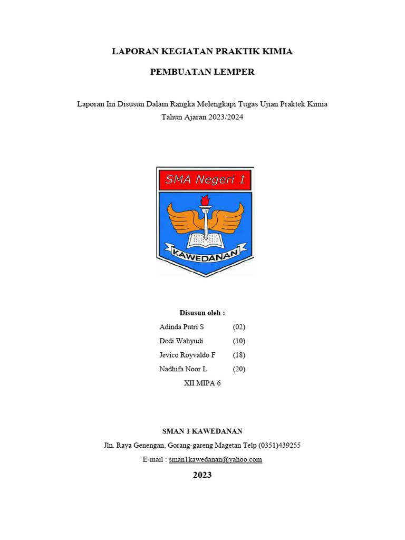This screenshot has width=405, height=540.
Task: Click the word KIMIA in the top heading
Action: point(277,52)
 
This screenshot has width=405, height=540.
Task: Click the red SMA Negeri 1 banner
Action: point(205,180)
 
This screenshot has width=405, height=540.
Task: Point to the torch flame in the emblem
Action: point(205,200)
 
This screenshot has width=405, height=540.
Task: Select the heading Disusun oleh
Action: point(202,313)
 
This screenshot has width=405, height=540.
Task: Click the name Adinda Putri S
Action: point(181,327)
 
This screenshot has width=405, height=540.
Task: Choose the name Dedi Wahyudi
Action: point(181,341)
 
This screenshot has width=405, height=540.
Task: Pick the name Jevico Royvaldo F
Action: point(187,355)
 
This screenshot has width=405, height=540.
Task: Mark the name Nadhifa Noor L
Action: point(183,369)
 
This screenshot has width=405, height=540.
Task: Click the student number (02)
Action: point(239,327)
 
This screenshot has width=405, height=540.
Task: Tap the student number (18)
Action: point(239,355)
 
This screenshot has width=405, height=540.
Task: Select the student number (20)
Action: point(239,369)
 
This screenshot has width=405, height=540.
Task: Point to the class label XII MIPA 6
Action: point(202,383)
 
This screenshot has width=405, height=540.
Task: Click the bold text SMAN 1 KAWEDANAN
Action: point(202,431)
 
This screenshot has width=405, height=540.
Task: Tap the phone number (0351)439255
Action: point(279,445)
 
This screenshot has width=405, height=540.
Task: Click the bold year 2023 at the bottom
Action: point(202,475)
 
